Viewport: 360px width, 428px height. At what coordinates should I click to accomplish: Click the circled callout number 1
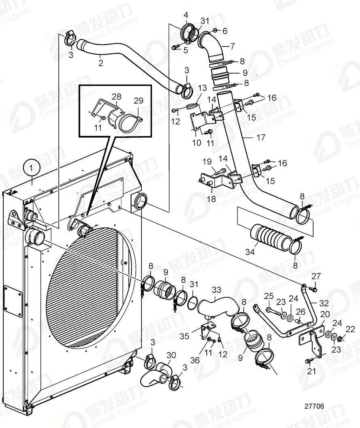click(x=32, y=167)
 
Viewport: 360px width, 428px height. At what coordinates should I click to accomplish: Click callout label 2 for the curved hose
click(x=101, y=63)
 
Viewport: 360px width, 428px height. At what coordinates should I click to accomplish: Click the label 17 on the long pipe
click(x=261, y=138)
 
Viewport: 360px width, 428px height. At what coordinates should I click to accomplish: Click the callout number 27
click(x=316, y=276)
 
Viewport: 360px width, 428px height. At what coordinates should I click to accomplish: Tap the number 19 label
click(x=207, y=162)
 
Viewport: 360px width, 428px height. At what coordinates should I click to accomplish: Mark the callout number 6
click(x=225, y=30)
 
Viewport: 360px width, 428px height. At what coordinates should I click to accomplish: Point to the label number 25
click(x=267, y=296)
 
